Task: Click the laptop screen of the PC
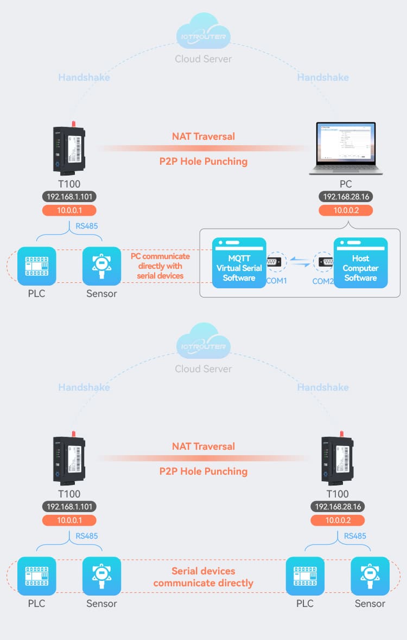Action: tap(346, 143)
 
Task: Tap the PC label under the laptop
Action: tap(346, 184)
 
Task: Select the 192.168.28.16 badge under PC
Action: tap(346, 197)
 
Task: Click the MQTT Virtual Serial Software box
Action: tap(239, 262)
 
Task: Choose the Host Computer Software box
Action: tap(360, 262)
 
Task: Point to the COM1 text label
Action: tap(276, 281)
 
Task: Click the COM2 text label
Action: tap(323, 281)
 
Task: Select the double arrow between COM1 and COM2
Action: tap(300, 263)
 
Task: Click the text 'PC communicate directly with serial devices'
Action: tap(160, 266)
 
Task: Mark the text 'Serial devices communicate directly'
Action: tap(203, 577)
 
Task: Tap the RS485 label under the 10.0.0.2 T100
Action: tap(355, 536)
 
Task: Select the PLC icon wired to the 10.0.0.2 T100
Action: tap(305, 576)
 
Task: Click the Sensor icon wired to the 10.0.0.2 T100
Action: tap(370, 576)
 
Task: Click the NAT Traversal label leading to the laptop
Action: tap(203, 137)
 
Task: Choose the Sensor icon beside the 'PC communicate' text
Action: tap(101, 266)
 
